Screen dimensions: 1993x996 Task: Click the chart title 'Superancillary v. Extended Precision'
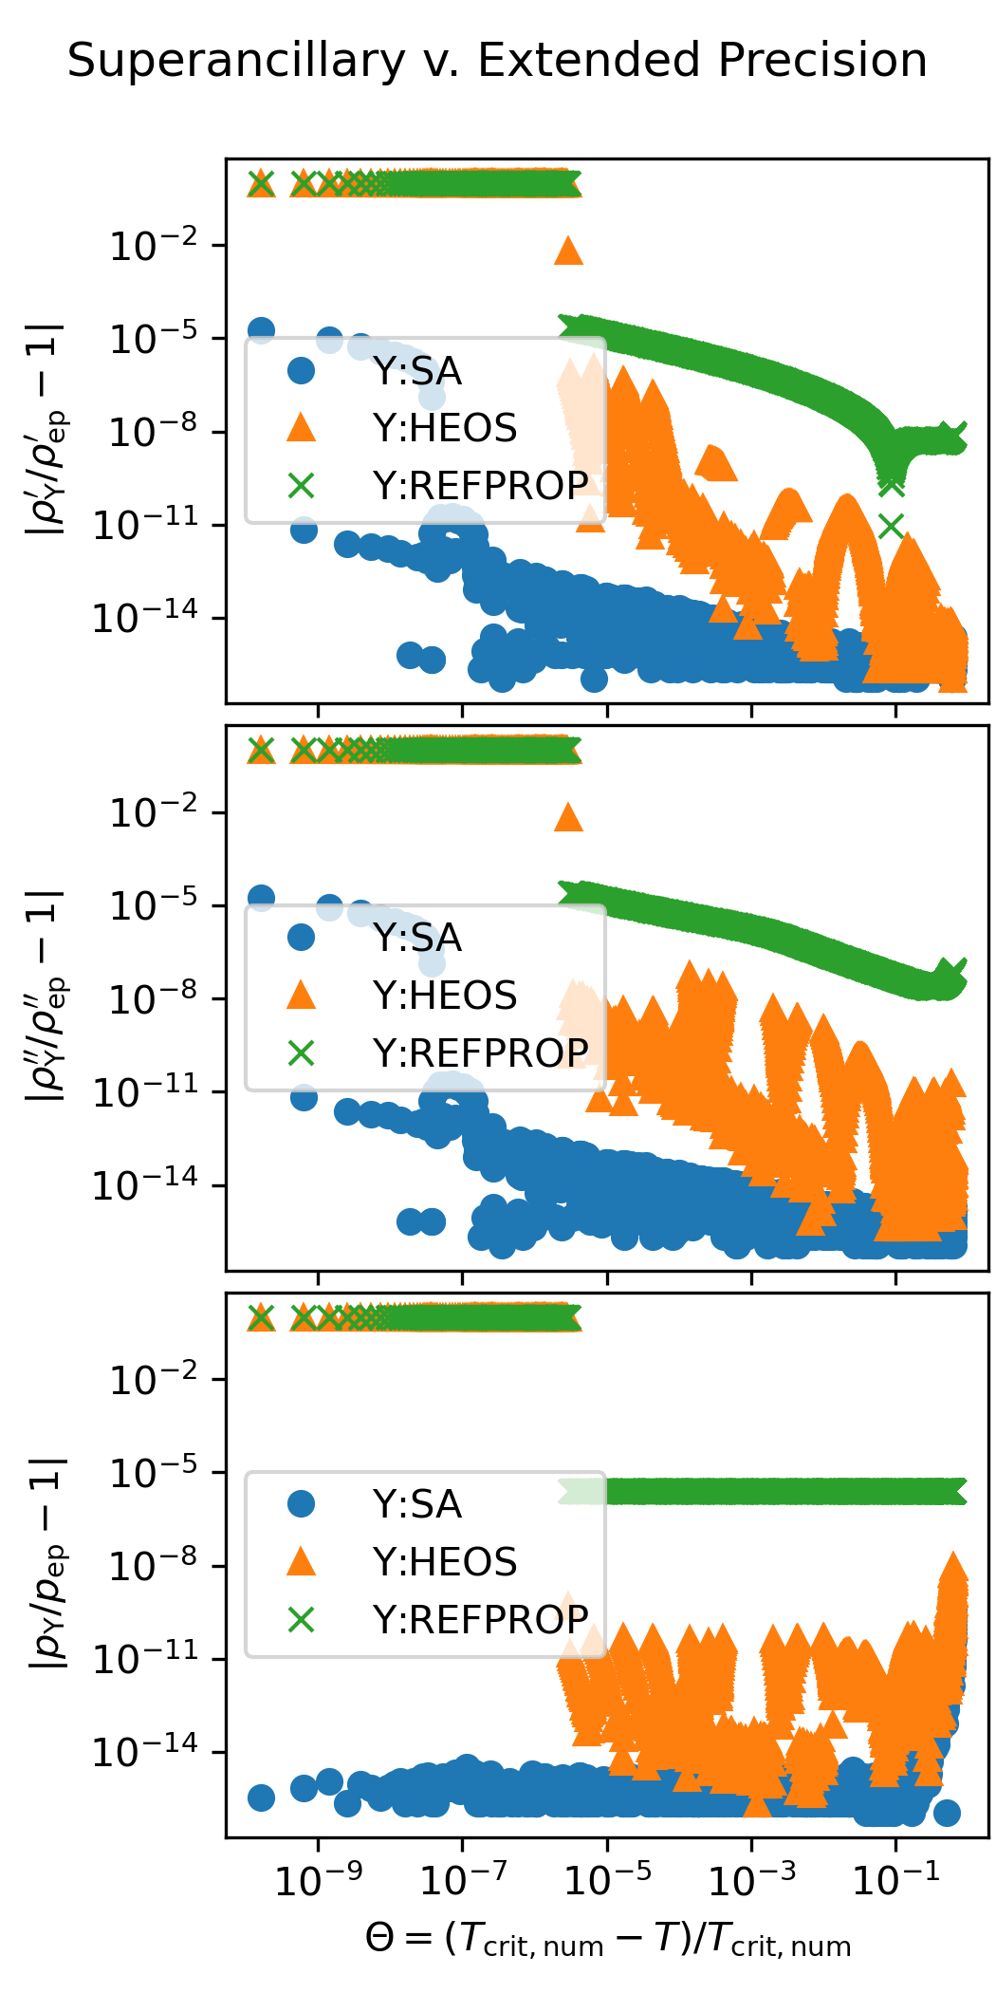[x=497, y=61]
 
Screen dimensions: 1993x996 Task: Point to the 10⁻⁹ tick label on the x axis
[x=318, y=1879]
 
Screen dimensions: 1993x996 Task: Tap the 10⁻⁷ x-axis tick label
[x=462, y=1879]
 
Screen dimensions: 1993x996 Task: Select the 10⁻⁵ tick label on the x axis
[x=607, y=1879]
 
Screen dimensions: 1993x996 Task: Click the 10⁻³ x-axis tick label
[x=751, y=1879]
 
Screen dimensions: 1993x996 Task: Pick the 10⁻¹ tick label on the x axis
[x=895, y=1879]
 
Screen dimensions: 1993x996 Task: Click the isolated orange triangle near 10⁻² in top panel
[x=568, y=251]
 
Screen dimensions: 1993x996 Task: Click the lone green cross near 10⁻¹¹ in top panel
[x=891, y=526]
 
